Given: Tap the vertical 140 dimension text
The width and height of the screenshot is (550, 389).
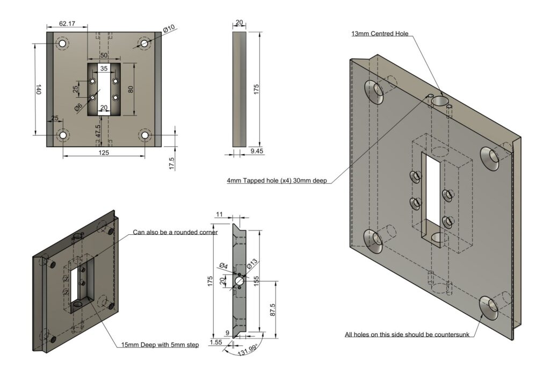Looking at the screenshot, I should (38, 90).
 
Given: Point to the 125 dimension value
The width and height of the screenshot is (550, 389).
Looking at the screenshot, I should (104, 153).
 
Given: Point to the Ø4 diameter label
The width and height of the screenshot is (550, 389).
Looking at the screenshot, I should (223, 266).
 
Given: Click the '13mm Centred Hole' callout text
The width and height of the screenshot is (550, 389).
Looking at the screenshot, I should (380, 34).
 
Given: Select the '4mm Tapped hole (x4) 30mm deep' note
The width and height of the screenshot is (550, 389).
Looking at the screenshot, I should (277, 181).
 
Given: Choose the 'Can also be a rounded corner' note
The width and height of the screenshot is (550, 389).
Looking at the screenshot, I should (175, 233).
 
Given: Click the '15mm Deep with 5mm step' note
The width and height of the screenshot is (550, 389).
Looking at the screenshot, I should (160, 345).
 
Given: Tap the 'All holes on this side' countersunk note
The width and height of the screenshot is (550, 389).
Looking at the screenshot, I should (407, 335).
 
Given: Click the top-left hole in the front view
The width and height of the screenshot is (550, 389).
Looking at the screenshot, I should (63, 43).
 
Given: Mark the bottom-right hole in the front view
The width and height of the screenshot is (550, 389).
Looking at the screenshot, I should (145, 135).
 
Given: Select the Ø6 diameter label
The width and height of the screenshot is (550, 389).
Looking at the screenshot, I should (79, 107).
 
